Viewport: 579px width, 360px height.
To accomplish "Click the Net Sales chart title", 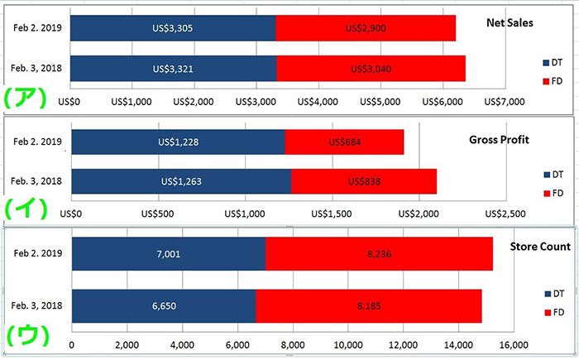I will click(509, 22).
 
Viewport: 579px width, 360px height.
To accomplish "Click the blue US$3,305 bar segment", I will click(173, 28).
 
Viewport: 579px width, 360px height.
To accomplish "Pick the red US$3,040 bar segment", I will click(371, 68).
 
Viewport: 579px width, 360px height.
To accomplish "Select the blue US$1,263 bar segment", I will click(181, 181).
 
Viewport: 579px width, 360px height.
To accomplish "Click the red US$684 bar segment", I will click(344, 142).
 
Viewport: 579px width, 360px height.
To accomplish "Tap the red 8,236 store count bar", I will click(379, 253).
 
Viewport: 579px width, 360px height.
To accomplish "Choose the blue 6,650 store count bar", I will click(164, 305).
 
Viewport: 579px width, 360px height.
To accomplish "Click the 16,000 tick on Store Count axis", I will click(513, 345).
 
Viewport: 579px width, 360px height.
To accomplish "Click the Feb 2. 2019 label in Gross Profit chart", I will click(38, 142).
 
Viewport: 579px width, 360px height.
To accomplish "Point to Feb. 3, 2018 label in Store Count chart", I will click(38, 305).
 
